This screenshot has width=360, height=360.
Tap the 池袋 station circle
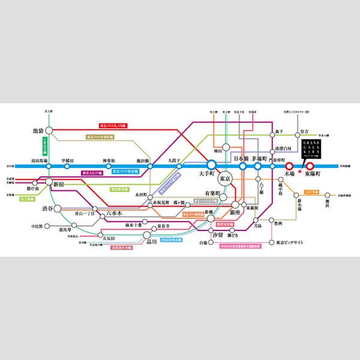50,130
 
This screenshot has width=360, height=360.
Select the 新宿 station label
59,184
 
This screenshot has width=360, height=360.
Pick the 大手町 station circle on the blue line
211,166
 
